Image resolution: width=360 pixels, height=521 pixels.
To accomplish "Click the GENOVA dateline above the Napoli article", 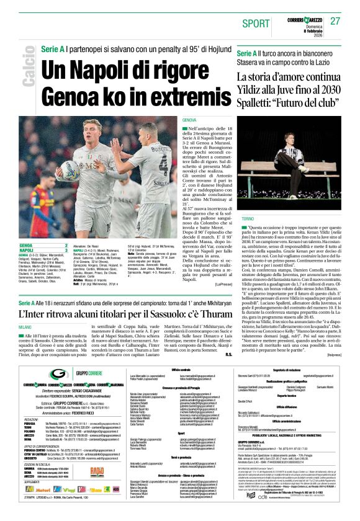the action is coord(190,119).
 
